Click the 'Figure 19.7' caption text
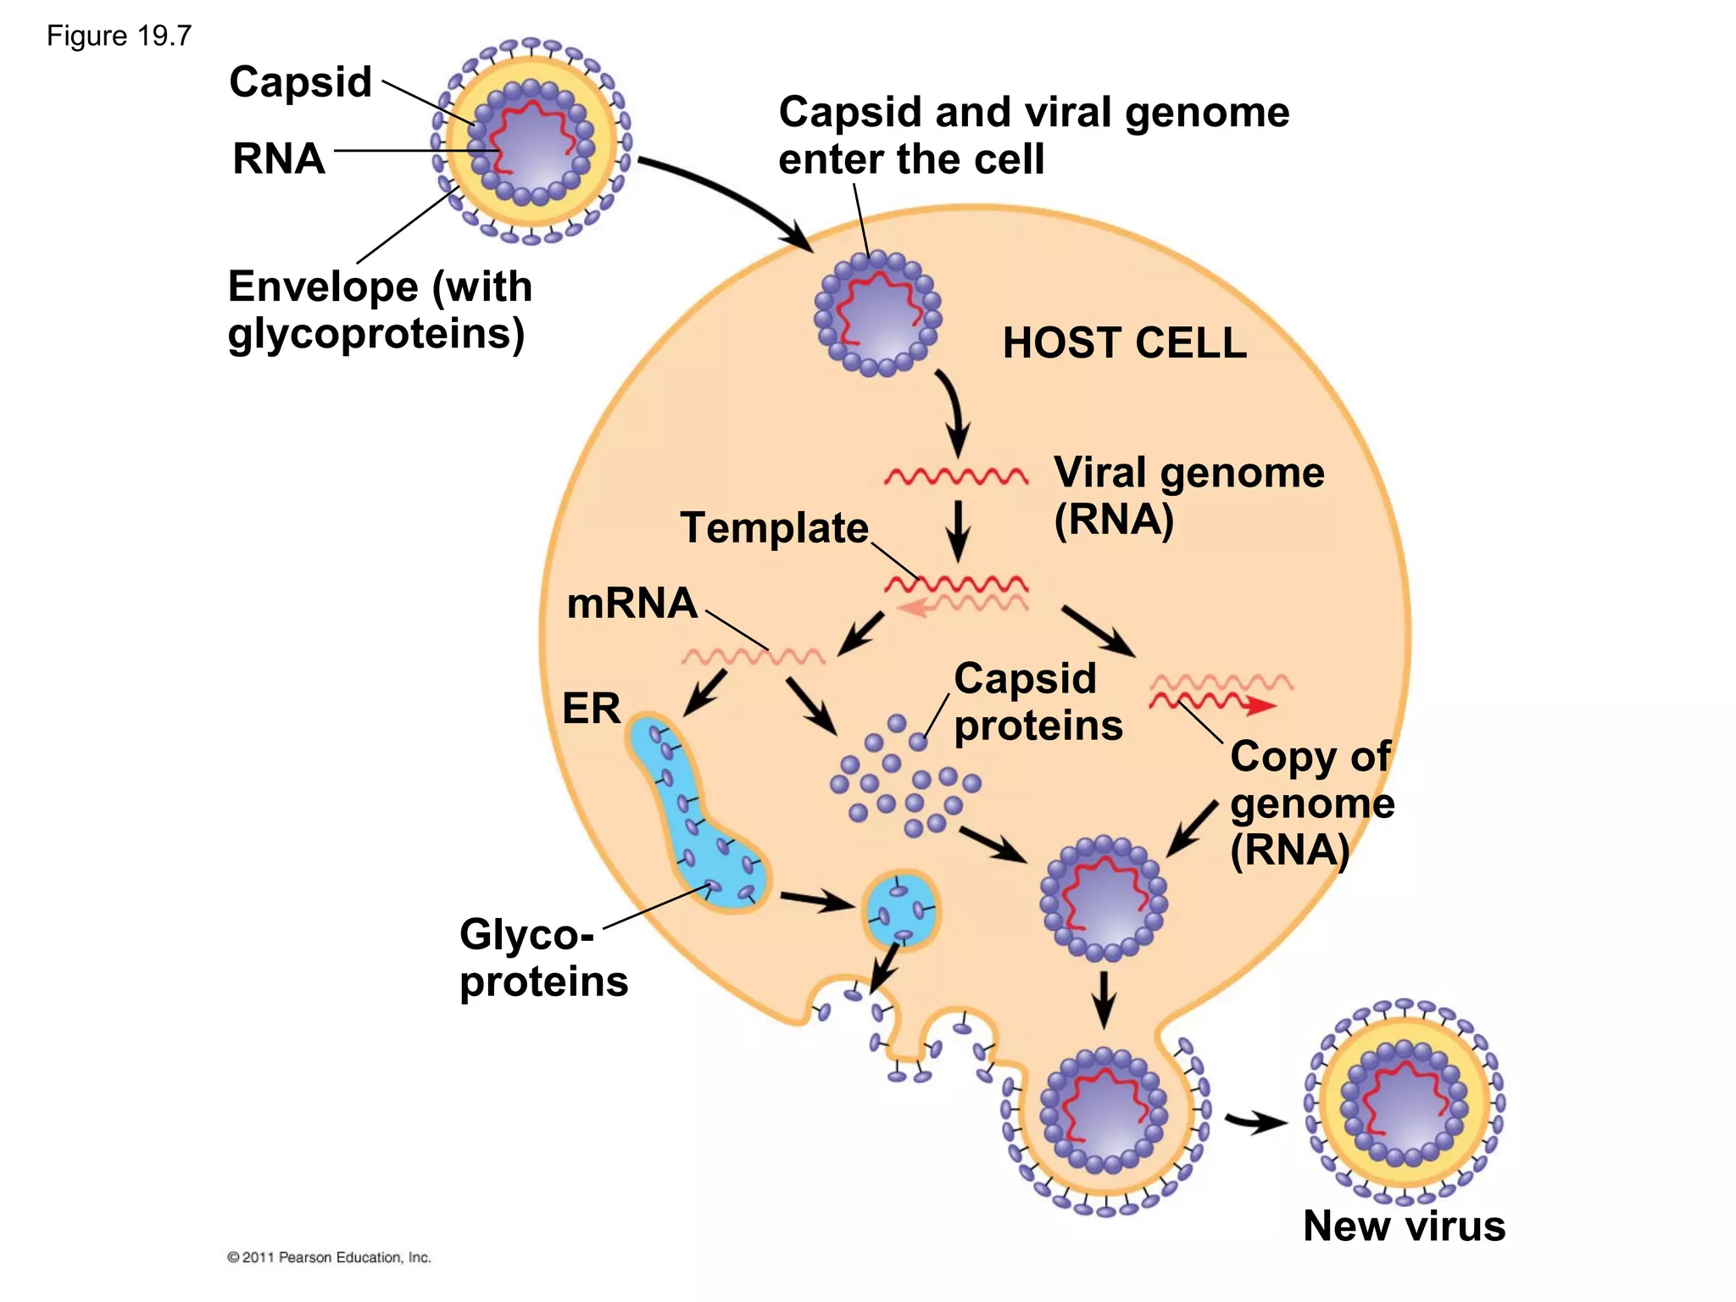(119, 36)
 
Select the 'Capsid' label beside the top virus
(300, 82)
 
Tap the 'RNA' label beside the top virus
(279, 159)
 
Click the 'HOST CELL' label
(1124, 343)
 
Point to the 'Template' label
(774, 527)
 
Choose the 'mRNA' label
(632, 604)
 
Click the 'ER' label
(591, 708)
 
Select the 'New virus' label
(1404, 1226)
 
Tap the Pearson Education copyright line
(329, 1257)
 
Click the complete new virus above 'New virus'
(1404, 1103)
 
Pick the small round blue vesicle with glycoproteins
(901, 910)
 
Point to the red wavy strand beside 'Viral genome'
(955, 476)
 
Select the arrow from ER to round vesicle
(815, 900)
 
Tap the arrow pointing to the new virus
(1256, 1122)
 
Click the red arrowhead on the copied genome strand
(1262, 705)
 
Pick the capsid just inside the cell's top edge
(877, 314)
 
